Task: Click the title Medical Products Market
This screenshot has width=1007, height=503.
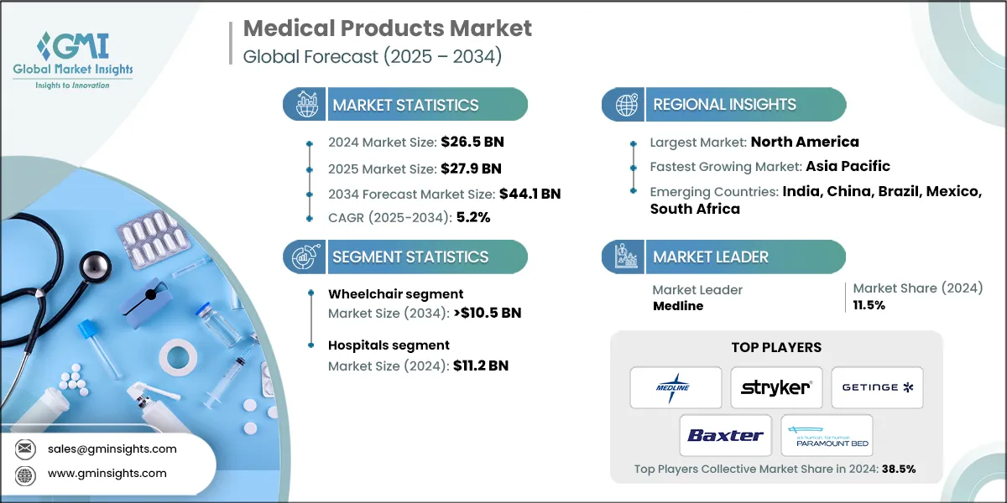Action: tap(387, 28)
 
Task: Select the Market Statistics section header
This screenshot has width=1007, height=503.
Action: tap(405, 105)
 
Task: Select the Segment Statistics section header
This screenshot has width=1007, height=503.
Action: tap(410, 257)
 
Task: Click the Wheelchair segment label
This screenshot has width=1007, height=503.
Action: tap(395, 293)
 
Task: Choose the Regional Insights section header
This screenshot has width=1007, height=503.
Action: tap(724, 105)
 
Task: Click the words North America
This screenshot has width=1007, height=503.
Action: tap(804, 141)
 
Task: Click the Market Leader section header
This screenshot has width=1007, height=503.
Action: tap(710, 257)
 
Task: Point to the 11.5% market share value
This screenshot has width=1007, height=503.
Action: tap(869, 305)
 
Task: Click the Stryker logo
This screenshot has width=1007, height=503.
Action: tap(776, 387)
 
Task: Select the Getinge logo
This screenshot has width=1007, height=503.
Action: tap(877, 387)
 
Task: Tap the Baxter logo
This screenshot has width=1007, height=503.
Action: tap(726, 435)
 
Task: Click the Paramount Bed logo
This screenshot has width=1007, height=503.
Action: tap(827, 435)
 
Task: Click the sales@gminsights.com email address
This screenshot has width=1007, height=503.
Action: tap(112, 449)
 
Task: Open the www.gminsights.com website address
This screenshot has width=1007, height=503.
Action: tap(107, 473)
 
